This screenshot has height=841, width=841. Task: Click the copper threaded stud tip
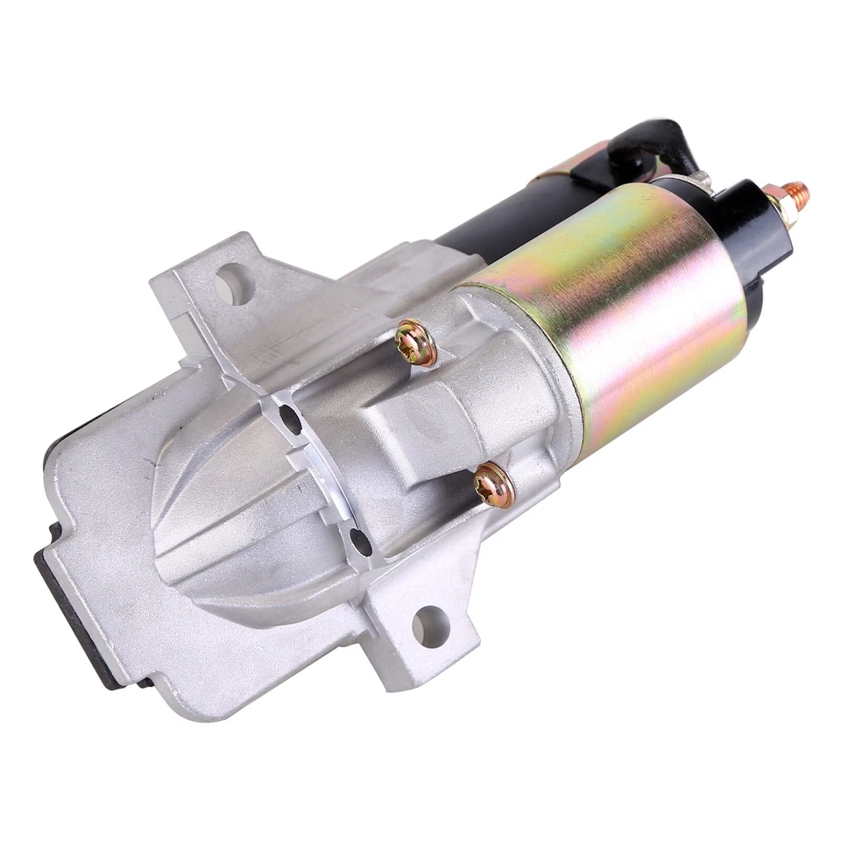point(798,190)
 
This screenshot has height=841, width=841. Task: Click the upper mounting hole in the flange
point(232,282)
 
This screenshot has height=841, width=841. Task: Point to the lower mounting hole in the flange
point(429,625)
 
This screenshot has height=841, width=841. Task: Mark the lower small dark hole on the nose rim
point(358,541)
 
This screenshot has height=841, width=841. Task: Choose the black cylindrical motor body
point(491,219)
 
